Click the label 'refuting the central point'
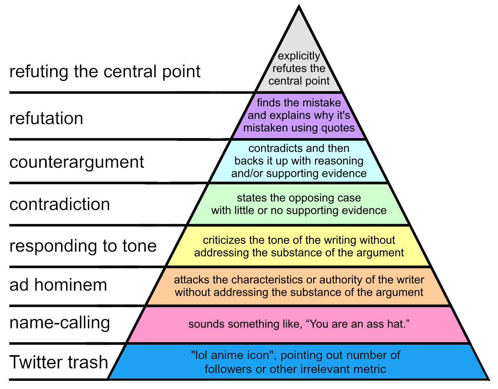[105, 72]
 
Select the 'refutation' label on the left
[46, 118]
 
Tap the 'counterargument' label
[77, 162]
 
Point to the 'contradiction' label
[60, 204]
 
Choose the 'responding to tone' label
[83, 246]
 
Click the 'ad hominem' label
[58, 285]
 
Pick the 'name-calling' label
[60, 322]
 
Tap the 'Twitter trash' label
[59, 362]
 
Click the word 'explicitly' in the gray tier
[299, 56]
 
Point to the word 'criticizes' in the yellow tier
[224, 240]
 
